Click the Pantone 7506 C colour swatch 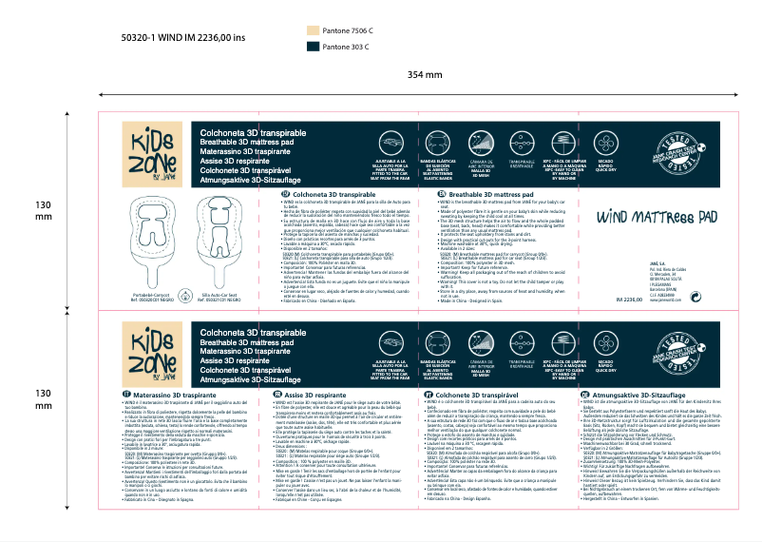click(314, 30)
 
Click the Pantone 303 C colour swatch click(314, 45)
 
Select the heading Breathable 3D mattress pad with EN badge click(494, 193)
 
